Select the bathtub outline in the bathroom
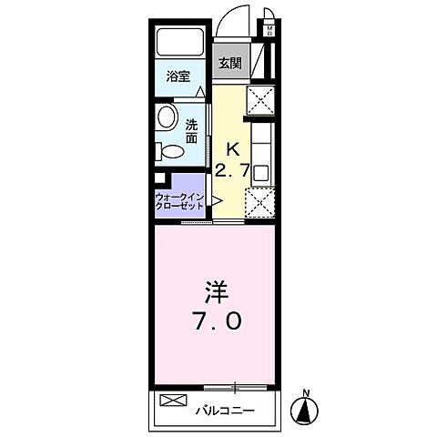pos(182,42)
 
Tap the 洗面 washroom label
pos(192,132)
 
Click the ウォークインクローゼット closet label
pos(179,200)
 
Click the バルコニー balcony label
pos(224,409)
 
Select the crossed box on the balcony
pos(172,401)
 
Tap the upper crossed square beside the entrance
pos(260,97)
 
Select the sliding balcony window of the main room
pos(235,386)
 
